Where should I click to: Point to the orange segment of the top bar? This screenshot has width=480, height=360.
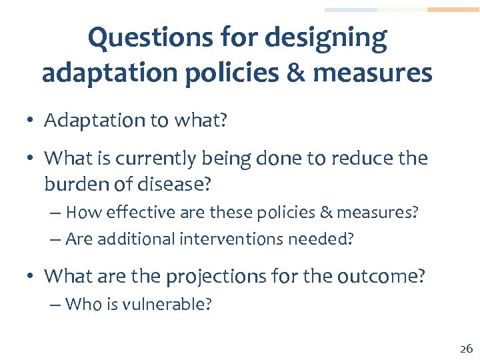point(453,10)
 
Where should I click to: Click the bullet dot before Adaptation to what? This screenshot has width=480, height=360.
point(31,121)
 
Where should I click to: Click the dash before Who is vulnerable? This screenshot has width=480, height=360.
point(55,305)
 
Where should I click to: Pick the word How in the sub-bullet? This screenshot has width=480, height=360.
point(81,213)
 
